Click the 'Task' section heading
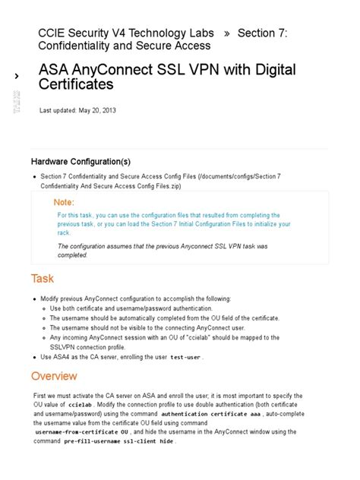42,278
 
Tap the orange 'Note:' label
64,203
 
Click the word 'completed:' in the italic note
73,254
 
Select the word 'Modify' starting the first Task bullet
54,298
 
